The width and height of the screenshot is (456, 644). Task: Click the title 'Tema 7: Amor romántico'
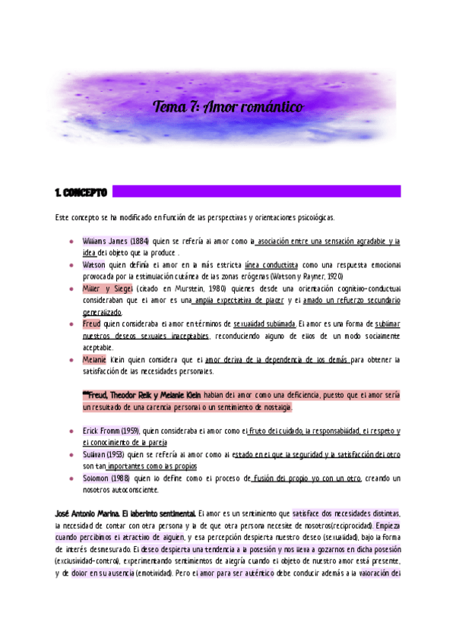(x=228, y=107)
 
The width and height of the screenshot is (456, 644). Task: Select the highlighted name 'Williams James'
(x=105, y=241)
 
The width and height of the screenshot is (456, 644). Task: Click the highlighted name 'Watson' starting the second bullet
(x=94, y=265)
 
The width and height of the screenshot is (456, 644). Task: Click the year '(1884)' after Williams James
(x=139, y=241)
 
